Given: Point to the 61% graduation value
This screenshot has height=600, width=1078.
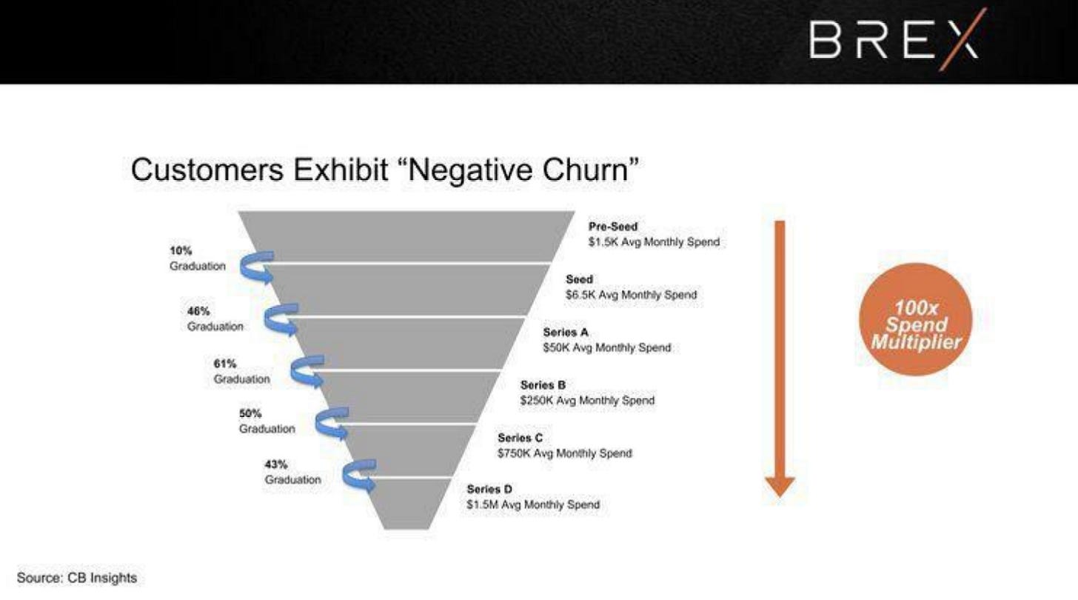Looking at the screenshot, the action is click(224, 364).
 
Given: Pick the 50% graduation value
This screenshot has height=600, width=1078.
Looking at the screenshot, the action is click(250, 413).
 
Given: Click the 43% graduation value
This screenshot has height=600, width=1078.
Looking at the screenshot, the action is click(275, 464).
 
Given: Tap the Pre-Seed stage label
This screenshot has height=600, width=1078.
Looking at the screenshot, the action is click(613, 227).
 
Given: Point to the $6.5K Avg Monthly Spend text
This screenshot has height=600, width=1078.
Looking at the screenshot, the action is click(631, 295).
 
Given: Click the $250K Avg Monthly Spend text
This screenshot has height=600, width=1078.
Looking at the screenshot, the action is click(587, 400).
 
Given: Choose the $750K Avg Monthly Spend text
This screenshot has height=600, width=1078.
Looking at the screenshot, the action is click(565, 453).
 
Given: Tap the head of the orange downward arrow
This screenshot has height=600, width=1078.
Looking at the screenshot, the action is click(780, 486).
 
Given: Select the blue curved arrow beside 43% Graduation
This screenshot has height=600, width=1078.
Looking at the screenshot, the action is click(360, 476).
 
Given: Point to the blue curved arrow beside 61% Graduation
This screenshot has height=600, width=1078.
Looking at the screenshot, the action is click(307, 372).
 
